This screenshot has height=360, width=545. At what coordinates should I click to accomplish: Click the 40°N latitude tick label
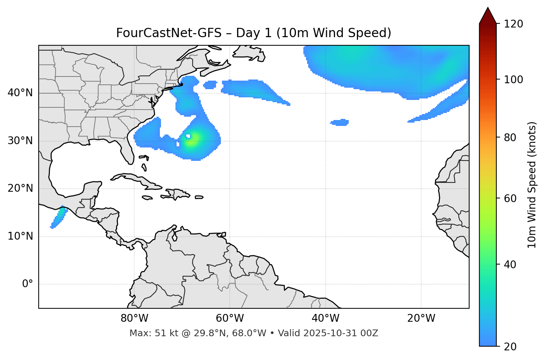pyautogui.click(x=20, y=93)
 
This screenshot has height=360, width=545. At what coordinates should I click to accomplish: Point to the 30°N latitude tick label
pyautogui.click(x=20, y=141)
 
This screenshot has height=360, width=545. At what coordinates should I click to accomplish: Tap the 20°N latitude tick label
pyautogui.click(x=20, y=188)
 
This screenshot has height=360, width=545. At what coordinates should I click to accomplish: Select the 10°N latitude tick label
pyautogui.click(x=20, y=236)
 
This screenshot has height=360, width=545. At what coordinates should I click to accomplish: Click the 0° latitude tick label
pyautogui.click(x=28, y=284)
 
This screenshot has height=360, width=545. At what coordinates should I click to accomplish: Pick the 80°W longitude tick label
pyautogui.click(x=134, y=318)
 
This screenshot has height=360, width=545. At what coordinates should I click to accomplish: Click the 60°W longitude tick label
pyautogui.click(x=230, y=318)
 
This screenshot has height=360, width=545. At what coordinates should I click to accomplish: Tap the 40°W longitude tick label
pyautogui.click(x=325, y=318)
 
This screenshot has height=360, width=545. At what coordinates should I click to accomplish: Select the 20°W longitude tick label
pyautogui.click(x=421, y=318)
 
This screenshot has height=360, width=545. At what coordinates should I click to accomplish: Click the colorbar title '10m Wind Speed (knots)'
pyautogui.click(x=532, y=185)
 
